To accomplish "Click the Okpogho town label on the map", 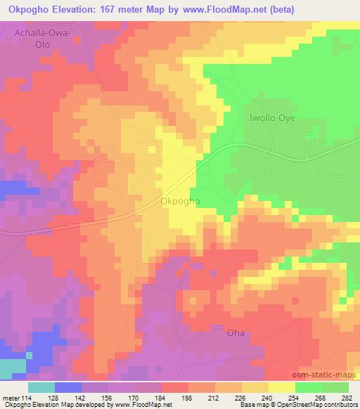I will (x=181, y=201).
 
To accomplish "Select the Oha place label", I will (x=235, y=332).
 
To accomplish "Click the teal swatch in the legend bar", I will (x=41, y=387).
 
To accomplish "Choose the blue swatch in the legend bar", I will (x=68, y=387).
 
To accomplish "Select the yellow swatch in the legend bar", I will (x=282, y=387).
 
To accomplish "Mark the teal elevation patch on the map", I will (x=11, y=365).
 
